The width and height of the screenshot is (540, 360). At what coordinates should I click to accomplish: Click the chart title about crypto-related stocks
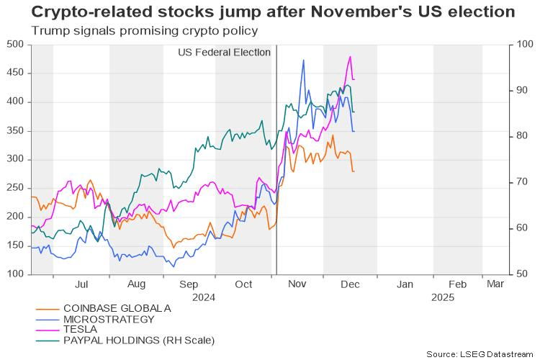263,13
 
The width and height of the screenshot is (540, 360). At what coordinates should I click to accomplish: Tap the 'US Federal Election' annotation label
224,53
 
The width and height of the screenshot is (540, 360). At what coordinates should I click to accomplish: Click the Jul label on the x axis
81,284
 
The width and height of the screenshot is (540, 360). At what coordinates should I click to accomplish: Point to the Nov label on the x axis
297,284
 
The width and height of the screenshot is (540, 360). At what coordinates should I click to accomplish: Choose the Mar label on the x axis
495,284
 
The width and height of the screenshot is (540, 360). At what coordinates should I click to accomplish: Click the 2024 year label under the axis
204,296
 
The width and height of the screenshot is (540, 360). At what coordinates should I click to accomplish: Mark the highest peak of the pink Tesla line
351,56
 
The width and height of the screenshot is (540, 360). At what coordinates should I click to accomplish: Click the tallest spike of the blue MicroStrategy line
304,60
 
